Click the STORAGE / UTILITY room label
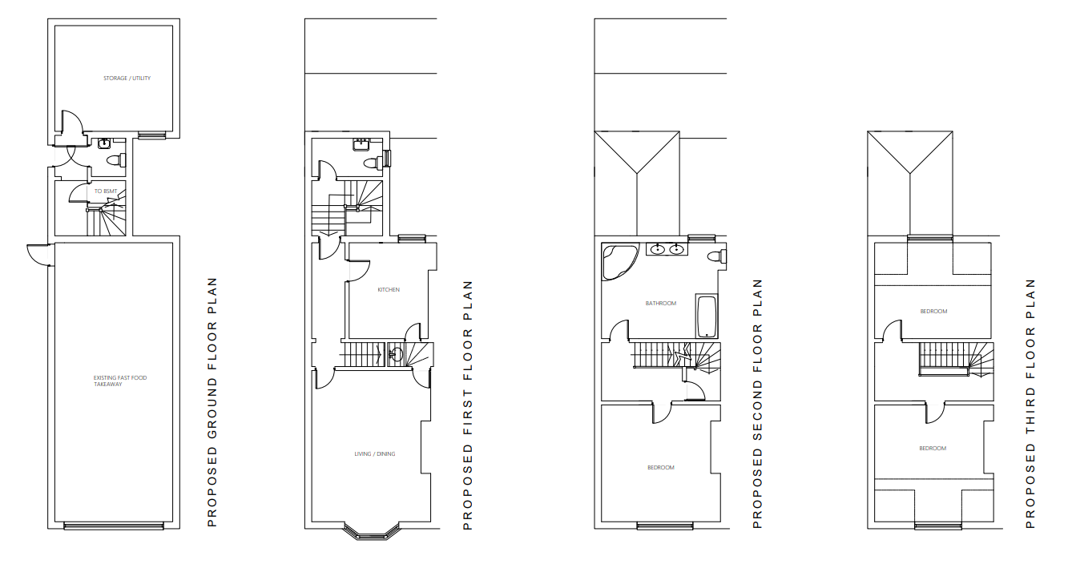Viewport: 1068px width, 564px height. click(127, 79)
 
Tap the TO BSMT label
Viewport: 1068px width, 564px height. click(106, 191)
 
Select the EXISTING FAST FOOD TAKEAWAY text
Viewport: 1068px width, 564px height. click(119, 381)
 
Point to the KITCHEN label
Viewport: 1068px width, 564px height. click(389, 289)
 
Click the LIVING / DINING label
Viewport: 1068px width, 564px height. click(375, 454)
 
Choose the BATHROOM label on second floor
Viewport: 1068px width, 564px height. click(661, 303)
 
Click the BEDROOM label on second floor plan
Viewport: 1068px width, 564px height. click(661, 468)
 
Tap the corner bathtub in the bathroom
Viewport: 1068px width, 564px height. click(619, 262)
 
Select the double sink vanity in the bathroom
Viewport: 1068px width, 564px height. click(667, 249)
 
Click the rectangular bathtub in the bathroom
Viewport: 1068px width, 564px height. click(707, 317)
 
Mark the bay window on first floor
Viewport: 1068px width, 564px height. click(372, 532)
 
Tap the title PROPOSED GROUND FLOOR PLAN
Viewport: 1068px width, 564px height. click(212, 402)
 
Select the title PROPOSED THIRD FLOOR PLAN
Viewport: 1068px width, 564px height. click(1030, 403)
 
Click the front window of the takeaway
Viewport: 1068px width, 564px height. click(114, 526)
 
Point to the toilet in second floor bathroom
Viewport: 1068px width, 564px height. click(717, 256)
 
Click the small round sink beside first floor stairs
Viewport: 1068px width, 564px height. click(395, 354)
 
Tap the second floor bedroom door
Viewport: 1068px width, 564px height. click(662, 413)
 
